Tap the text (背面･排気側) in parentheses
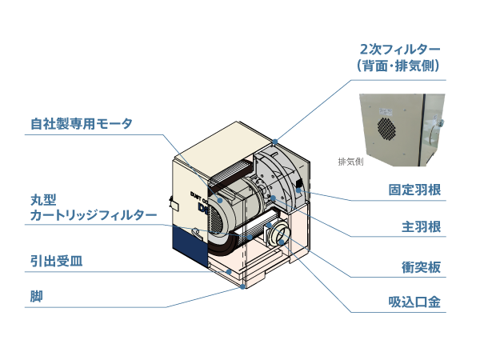click(x=398, y=66)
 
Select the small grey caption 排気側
click(x=350, y=162)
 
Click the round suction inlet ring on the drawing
click(x=281, y=236)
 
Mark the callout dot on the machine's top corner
click(x=274, y=142)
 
